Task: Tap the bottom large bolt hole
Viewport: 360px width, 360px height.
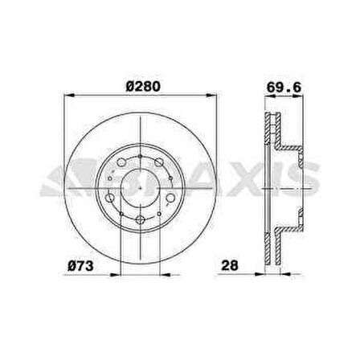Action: point(140,219)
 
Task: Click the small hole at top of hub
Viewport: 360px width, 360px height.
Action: point(140,157)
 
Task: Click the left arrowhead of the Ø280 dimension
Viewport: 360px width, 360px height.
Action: point(66,98)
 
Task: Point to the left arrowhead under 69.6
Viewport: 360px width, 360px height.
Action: point(264,98)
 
